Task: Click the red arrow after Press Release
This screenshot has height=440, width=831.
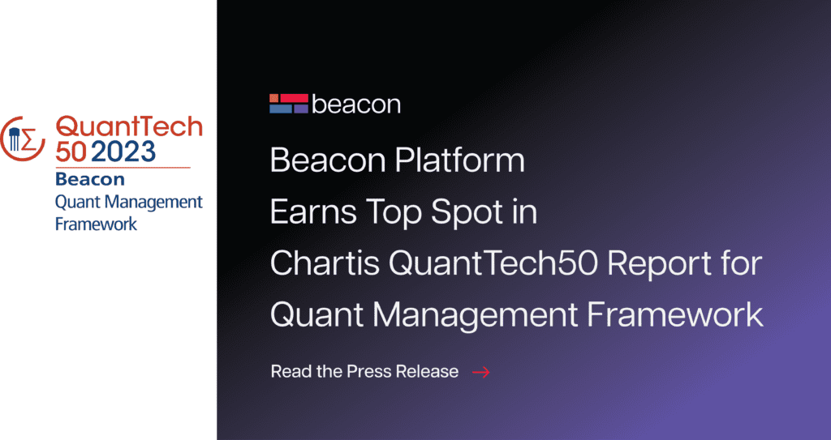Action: click(480, 372)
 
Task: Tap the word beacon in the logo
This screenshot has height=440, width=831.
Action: click(356, 105)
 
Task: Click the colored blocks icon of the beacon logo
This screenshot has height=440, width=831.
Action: click(289, 104)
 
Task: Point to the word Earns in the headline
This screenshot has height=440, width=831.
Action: click(313, 211)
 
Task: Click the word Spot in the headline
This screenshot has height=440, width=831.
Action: click(463, 211)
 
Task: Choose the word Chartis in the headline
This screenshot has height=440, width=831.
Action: click(325, 263)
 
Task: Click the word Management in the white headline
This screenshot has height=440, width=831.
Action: click(475, 315)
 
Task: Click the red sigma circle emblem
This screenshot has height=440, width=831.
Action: click(22, 139)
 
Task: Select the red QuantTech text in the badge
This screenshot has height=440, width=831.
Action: click(129, 127)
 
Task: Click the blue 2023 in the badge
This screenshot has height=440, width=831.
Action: click(123, 152)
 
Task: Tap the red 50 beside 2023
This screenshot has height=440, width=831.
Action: click(71, 152)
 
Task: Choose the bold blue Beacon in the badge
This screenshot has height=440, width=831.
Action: click(90, 180)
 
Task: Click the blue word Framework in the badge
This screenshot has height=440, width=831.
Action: click(96, 224)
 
